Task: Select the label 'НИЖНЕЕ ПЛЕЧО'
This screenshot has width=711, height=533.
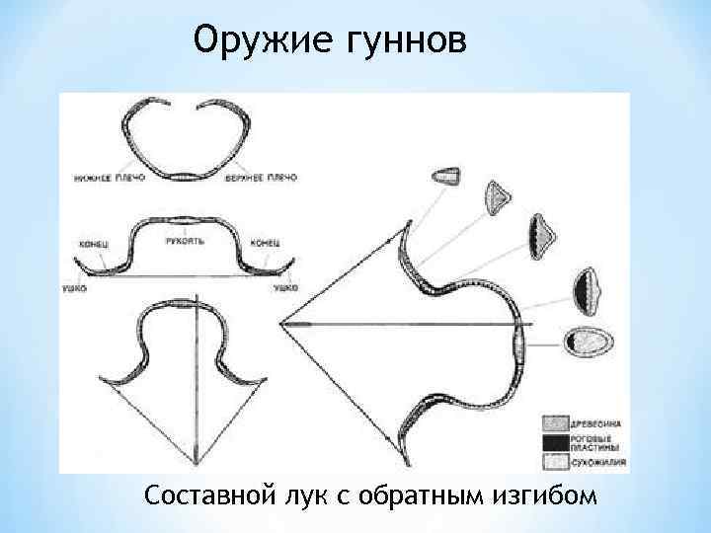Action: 108,178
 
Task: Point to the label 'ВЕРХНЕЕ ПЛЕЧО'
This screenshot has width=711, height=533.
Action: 261,178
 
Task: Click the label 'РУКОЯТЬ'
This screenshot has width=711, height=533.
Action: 185,239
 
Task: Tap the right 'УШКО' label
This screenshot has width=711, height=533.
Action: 285,286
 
